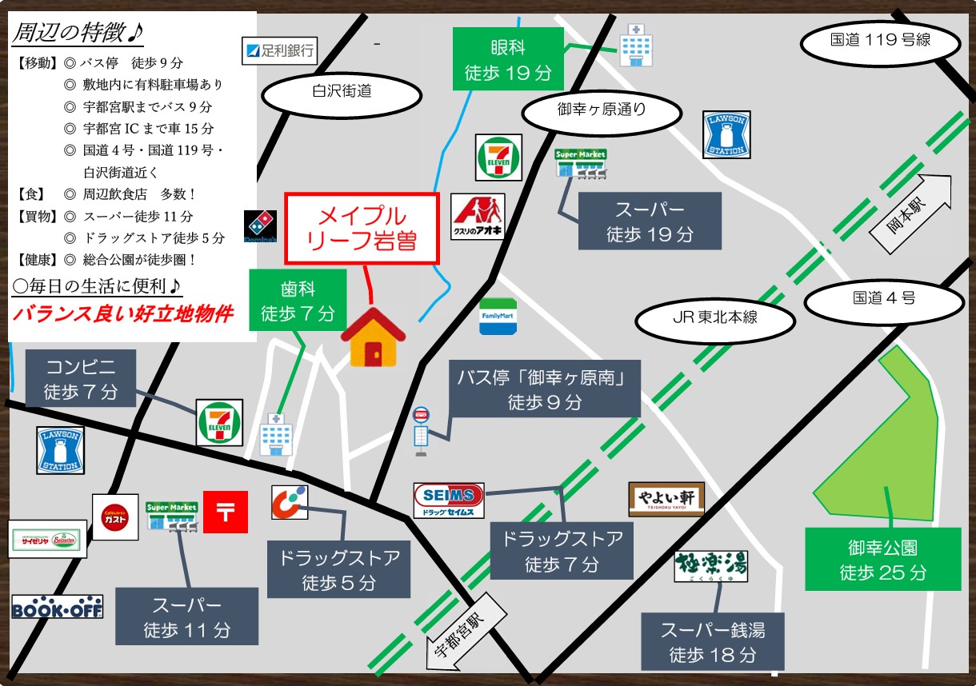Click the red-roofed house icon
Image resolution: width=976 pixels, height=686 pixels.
tap(373, 337)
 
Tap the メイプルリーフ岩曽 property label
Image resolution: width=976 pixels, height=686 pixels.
tap(362, 228)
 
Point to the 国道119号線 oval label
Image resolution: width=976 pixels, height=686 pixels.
tap(880, 40)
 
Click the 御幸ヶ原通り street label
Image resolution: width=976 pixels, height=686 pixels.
tap(601, 113)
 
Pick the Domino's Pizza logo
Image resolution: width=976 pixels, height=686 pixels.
tap(260, 228)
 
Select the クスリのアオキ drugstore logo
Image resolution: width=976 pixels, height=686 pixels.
tap(478, 217)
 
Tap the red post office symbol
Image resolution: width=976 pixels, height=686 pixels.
tap(226, 512)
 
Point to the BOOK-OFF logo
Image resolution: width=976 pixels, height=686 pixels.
tap(58, 607)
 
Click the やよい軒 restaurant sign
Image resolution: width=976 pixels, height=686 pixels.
tap(666, 499)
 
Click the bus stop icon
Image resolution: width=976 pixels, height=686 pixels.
tap(421, 432)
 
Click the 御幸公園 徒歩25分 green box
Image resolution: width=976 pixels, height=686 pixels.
tap(882, 560)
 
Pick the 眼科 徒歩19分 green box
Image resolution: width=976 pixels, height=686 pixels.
tap(508, 60)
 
